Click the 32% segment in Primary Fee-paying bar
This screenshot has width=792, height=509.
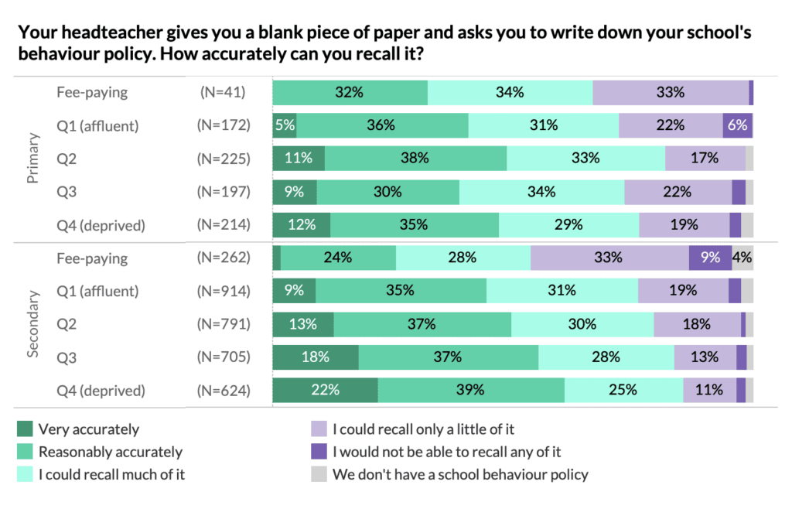(350, 92)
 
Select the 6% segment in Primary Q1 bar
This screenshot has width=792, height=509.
(737, 125)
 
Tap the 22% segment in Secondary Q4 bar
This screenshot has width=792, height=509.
(325, 390)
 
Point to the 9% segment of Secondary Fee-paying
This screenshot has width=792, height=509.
(710, 258)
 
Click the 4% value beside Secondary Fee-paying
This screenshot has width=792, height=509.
(742, 258)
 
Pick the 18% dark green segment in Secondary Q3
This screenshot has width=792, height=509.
(316, 357)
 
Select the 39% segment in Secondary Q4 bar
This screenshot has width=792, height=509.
(471, 390)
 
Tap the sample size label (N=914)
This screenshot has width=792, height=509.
(224, 291)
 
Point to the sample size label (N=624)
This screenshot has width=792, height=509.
(224, 390)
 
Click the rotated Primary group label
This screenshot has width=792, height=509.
(32, 159)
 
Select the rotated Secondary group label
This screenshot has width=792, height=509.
(32, 324)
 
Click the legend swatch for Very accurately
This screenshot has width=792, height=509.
(25, 429)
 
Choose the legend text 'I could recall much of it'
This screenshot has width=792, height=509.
(111, 474)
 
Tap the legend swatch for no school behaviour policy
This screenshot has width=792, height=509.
(317, 474)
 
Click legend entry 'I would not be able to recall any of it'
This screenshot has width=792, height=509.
(446, 452)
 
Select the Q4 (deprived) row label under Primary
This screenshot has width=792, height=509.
(101, 225)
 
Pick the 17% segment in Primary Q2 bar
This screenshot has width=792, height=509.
(705, 159)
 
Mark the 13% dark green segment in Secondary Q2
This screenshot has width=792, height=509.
(303, 324)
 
